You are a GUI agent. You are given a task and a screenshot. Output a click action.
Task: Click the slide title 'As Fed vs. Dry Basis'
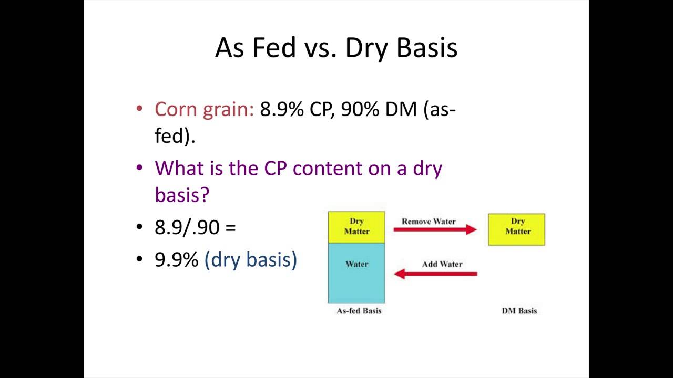[336, 48]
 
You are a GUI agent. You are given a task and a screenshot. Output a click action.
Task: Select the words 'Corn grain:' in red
[204, 109]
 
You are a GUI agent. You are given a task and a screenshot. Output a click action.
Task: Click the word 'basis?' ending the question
[182, 194]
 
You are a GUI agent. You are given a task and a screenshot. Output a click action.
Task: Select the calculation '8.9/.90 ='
[195, 227]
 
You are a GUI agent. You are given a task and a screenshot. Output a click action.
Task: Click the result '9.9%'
[176, 259]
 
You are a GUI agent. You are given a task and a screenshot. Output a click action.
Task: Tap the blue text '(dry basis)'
[250, 259]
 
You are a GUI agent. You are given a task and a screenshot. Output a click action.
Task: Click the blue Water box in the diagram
[356, 273]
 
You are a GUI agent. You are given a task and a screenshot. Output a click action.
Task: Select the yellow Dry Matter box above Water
[356, 227]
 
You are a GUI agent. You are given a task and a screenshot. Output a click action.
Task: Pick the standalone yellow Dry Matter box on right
[517, 229]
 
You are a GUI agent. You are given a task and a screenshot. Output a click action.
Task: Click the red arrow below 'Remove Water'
[435, 229]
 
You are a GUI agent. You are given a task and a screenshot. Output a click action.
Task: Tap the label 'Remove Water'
[429, 221]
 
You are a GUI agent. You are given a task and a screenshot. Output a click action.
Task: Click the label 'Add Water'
[442, 264]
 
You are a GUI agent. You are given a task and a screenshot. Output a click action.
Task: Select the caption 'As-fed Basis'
[359, 311]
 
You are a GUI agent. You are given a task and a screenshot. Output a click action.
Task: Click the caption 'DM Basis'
[519, 311]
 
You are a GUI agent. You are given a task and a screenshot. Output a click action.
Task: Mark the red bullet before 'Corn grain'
[139, 109]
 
